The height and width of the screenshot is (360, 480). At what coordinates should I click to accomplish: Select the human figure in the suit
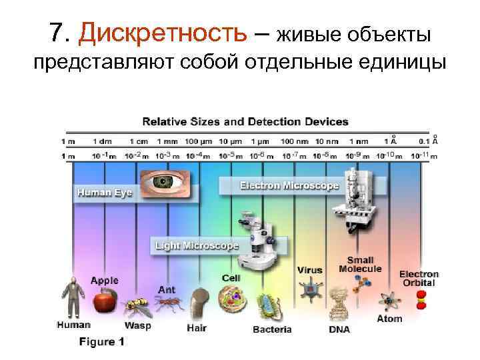coord(73,297)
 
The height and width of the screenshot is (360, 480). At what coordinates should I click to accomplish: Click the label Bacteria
coord(272,329)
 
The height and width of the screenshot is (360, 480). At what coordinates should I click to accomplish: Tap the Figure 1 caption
coord(102,342)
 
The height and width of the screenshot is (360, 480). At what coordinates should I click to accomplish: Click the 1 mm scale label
coord(168,141)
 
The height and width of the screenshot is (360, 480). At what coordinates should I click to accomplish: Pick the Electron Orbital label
coord(419,278)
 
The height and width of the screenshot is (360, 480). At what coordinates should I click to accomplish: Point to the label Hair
coord(197,327)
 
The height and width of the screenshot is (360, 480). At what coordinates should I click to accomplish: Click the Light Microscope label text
coord(197,245)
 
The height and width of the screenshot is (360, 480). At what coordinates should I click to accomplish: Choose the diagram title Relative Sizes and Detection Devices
coord(245,121)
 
